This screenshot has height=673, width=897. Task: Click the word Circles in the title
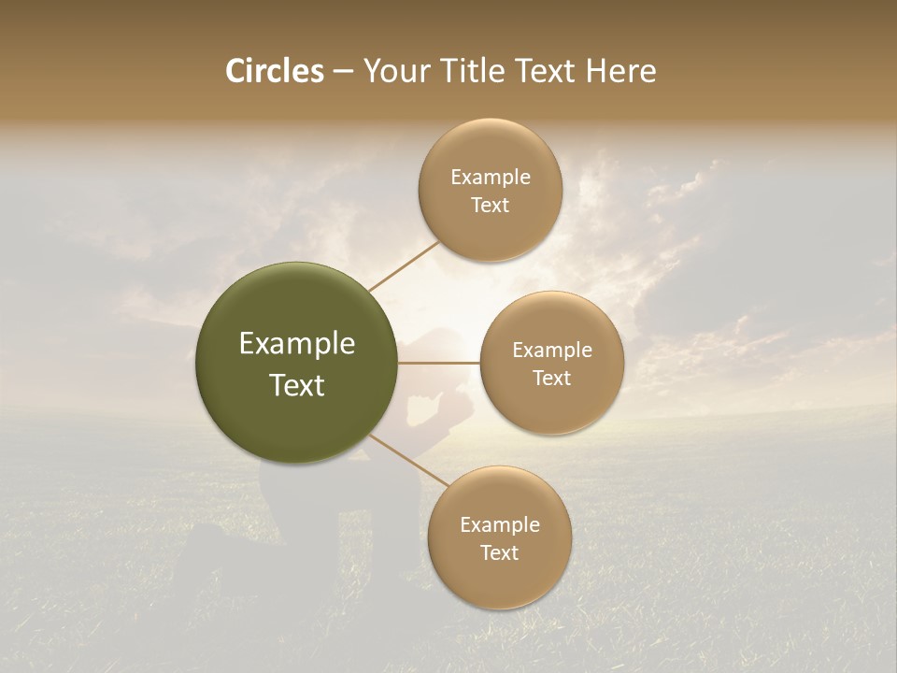coord(274,71)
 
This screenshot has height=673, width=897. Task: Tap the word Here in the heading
coord(620,71)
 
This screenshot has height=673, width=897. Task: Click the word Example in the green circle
coord(297,344)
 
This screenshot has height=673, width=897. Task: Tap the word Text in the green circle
coord(297,385)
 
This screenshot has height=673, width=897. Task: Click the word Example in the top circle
coord(490,178)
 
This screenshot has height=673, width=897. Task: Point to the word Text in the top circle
coord(490,206)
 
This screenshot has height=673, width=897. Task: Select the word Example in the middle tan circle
coord(551,351)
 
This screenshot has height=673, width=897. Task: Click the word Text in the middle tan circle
coord(551,379)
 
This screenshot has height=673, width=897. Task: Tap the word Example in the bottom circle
coord(499,525)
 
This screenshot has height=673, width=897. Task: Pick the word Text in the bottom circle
coord(499,553)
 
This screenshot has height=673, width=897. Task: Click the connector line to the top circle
coord(404,265)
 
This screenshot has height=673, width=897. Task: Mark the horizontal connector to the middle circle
coord(439,363)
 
